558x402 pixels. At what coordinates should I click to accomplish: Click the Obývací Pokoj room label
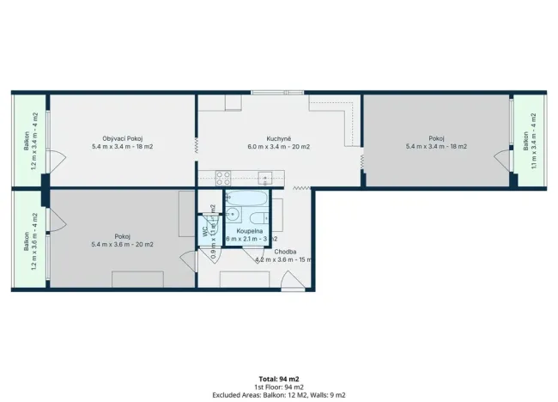click(x=122, y=139)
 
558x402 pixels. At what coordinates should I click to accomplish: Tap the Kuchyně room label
click(x=276, y=139)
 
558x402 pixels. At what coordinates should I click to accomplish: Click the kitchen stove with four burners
click(x=222, y=179)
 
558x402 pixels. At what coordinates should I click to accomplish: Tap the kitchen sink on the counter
click(x=267, y=179)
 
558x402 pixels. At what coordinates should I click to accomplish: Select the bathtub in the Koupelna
click(x=248, y=198)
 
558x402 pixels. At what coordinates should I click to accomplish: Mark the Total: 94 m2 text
click(x=279, y=378)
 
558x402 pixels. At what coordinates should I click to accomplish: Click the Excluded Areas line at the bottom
click(x=279, y=394)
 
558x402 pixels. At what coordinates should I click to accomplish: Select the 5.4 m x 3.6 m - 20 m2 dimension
click(x=122, y=244)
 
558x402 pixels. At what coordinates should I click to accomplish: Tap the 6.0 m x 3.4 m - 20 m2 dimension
click(x=276, y=147)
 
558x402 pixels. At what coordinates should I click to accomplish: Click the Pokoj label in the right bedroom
click(x=436, y=139)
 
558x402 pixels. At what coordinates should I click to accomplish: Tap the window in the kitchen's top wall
click(x=276, y=92)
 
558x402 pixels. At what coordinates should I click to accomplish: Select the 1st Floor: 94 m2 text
click(x=279, y=387)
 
